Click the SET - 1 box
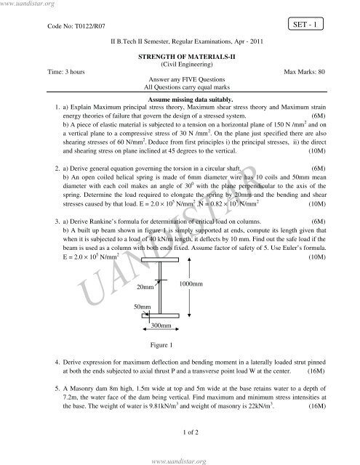click(x=311, y=24)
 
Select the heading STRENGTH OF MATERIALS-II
click(x=179, y=55)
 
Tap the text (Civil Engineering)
click(x=179, y=64)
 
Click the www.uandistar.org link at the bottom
click(x=179, y=459)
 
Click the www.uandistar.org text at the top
click(x=28, y=4)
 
